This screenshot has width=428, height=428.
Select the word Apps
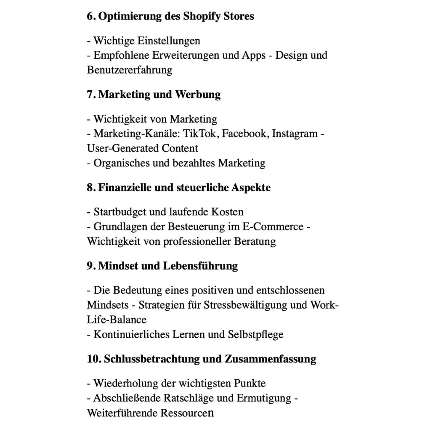253,55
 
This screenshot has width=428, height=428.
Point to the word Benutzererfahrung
129,70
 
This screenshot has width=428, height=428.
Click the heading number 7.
91,94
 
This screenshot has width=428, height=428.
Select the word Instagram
295,134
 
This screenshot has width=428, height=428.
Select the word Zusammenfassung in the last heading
270,359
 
